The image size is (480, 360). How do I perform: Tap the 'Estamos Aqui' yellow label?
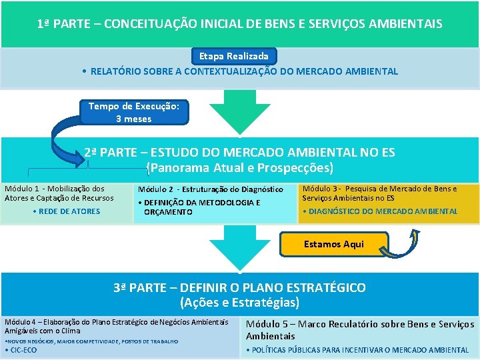tap(333, 245)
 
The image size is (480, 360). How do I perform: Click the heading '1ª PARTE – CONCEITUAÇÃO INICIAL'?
tap(239, 24)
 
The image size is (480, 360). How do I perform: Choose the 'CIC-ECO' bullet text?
tap(23, 350)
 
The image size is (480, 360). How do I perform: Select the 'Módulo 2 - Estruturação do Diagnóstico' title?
tap(210, 190)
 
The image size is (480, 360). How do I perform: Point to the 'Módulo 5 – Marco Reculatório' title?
tap(360, 330)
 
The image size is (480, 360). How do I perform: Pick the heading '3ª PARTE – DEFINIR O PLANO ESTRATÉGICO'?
tap(239, 288)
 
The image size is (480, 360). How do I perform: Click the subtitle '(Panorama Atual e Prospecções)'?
tap(239, 168)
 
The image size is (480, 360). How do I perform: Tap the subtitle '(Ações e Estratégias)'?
tap(239, 303)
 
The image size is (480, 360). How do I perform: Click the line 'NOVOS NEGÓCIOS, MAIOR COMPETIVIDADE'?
tap(91, 341)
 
